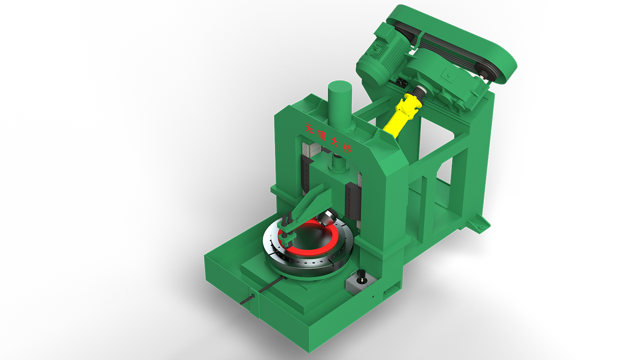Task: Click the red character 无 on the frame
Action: (310, 128)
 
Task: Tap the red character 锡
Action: (322, 134)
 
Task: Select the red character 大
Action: (335, 142)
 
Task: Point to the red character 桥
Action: (347, 148)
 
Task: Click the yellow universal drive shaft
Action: (399, 117)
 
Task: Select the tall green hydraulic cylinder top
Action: (340, 87)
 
